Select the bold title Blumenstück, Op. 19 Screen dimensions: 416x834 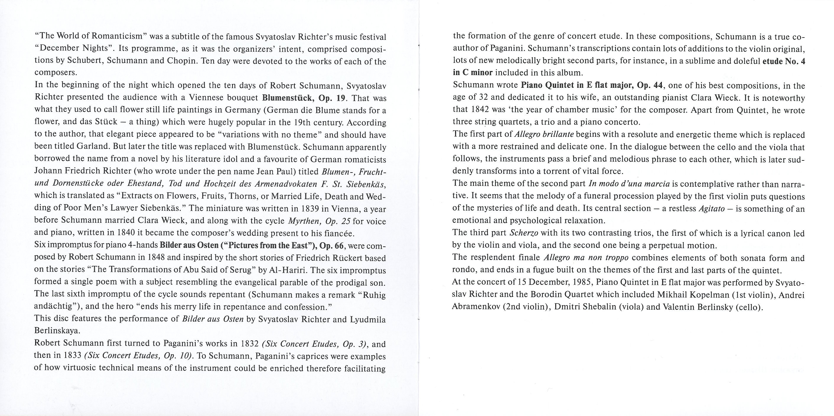[304, 97]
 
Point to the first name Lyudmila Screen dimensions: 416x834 [368, 319]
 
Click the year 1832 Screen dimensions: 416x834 [250, 343]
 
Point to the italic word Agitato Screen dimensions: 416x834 [711, 208]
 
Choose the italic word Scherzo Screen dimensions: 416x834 [524, 233]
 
